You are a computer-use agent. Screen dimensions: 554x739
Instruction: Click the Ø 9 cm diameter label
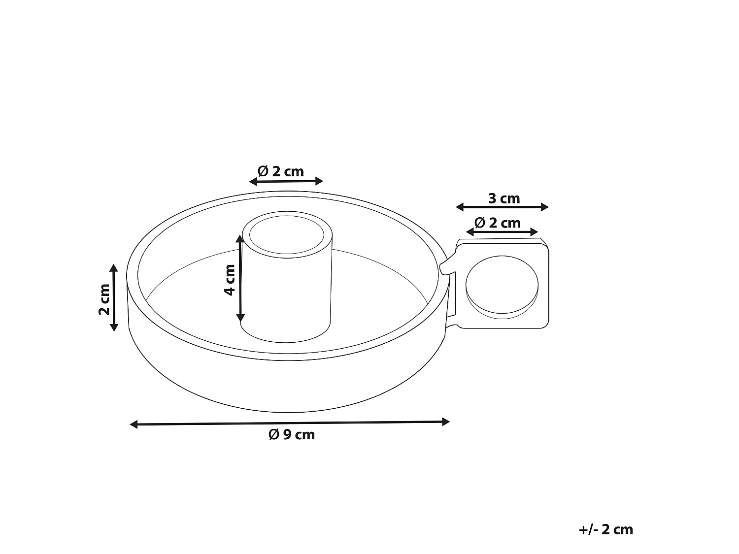(x=291, y=435)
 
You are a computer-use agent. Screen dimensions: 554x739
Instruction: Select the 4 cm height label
(x=230, y=279)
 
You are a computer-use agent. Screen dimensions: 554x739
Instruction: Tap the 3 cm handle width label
(x=504, y=198)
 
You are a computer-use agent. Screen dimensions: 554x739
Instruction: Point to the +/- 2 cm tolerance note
(x=605, y=529)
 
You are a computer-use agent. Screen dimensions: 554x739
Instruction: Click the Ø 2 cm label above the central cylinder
(x=281, y=171)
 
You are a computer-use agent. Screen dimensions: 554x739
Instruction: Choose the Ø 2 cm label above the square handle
(x=497, y=223)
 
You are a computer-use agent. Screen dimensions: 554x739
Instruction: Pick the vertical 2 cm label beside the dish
(x=104, y=299)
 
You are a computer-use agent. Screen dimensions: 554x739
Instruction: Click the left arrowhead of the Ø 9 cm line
(x=134, y=424)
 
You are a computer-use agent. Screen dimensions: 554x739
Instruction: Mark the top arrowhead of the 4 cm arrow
(x=240, y=239)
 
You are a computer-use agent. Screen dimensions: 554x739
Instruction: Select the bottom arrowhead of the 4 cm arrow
(x=240, y=318)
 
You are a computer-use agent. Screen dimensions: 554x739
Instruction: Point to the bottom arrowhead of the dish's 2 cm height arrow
(x=114, y=327)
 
